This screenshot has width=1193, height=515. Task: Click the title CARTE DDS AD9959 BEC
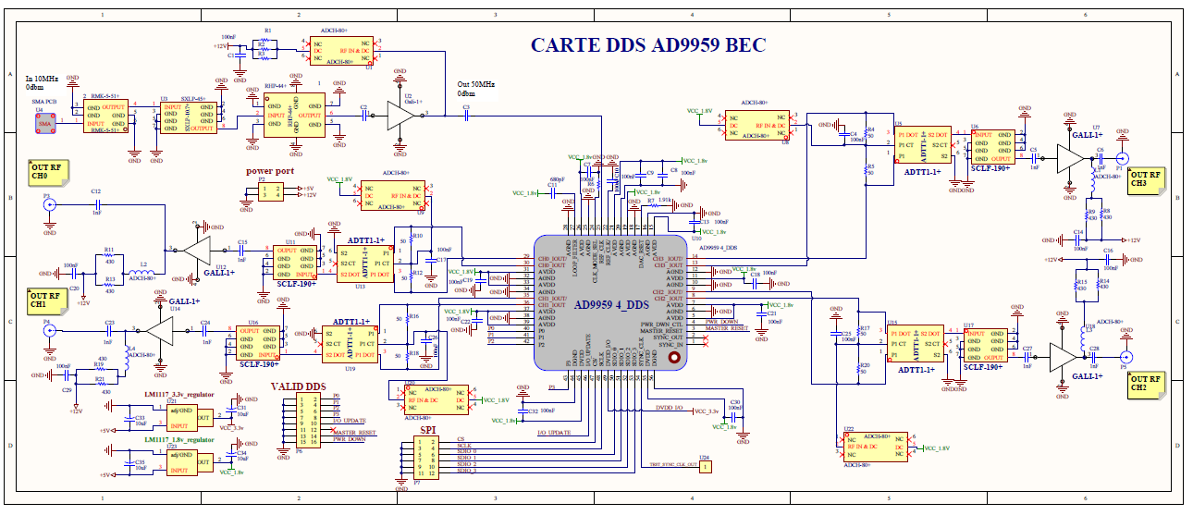point(647,45)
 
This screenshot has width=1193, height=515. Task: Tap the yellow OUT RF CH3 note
point(1145,179)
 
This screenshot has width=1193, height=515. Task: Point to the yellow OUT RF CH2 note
point(1145,385)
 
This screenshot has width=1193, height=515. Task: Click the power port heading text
point(270,171)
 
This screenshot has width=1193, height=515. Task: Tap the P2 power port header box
point(271,191)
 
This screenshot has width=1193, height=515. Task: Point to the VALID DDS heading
point(299,386)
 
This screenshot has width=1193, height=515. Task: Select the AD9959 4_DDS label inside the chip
point(611,305)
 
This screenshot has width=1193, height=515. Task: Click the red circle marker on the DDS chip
point(674,358)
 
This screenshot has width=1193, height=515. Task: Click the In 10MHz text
point(43,79)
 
